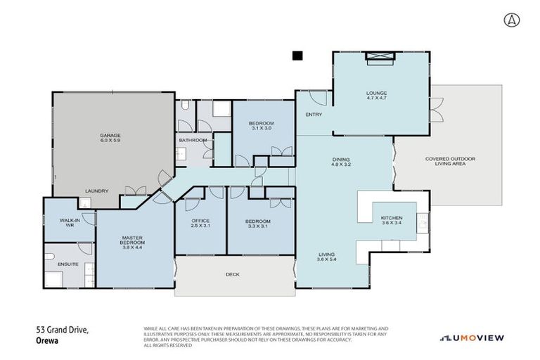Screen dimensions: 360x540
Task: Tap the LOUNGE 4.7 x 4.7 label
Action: [376, 96]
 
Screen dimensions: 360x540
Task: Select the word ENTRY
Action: [312, 115]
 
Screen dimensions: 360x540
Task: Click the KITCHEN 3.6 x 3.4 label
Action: [392, 221]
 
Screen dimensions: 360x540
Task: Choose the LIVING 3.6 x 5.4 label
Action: [326, 257]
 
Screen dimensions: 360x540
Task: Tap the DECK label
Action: [232, 274]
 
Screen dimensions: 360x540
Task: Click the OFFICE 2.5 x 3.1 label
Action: [200, 224]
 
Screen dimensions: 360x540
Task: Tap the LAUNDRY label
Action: [96, 191]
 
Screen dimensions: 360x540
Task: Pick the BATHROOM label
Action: [193, 140]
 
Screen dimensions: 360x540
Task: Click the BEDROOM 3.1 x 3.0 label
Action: [261, 126]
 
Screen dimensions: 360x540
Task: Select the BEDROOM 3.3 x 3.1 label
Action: [257, 224]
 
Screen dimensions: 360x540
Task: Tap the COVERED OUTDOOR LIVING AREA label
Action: [450, 162]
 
